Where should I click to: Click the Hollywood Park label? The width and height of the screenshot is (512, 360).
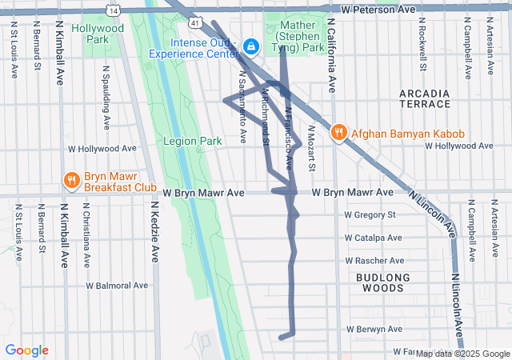coord(97,33)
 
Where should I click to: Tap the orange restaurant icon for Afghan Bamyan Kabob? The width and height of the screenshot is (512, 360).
coord(338,132)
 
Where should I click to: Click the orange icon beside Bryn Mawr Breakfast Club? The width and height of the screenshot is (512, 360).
coord(71,180)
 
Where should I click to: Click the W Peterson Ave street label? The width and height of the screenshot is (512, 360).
coord(378,10)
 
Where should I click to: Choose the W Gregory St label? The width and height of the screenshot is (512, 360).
coord(370,214)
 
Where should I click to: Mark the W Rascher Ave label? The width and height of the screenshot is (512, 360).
coord(373,261)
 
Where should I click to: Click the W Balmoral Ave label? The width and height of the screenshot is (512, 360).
coord(118,285)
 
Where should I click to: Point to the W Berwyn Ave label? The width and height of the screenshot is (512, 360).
coord(373,330)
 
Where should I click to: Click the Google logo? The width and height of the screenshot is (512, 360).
coord(26,350)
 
